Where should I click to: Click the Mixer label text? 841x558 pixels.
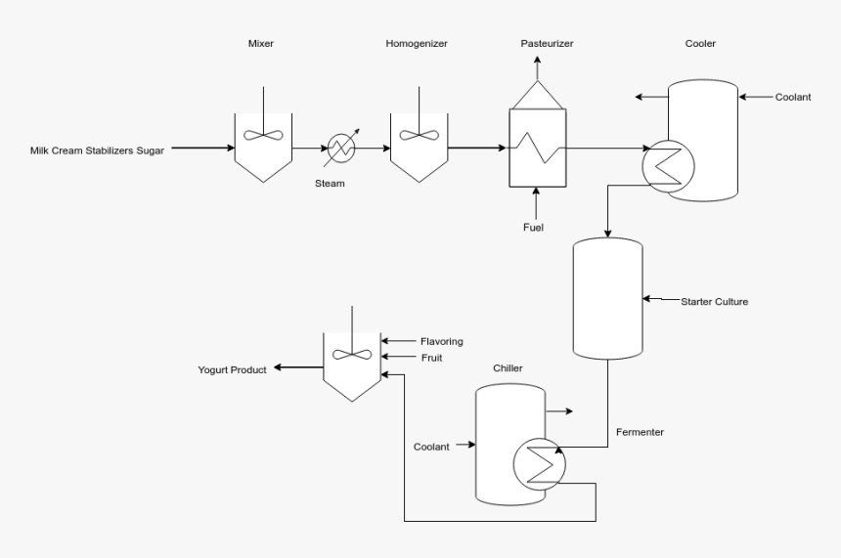click(x=262, y=44)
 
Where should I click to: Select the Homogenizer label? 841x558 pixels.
click(x=419, y=44)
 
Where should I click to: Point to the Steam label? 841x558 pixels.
click(x=330, y=183)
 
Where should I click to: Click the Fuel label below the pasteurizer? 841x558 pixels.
click(x=533, y=228)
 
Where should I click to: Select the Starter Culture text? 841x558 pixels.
click(x=714, y=301)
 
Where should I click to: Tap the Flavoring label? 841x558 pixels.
click(x=441, y=341)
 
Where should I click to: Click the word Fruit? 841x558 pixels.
click(x=432, y=358)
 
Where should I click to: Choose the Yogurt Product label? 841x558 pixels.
click(x=232, y=369)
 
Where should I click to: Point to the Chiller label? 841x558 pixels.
click(x=508, y=367)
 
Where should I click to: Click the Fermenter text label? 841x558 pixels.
click(x=640, y=431)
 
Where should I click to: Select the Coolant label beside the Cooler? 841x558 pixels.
click(x=794, y=97)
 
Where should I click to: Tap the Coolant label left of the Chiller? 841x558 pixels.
click(x=431, y=447)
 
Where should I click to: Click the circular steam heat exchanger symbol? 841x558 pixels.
click(x=341, y=149)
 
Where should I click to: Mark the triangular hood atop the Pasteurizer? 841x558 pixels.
click(x=535, y=95)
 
